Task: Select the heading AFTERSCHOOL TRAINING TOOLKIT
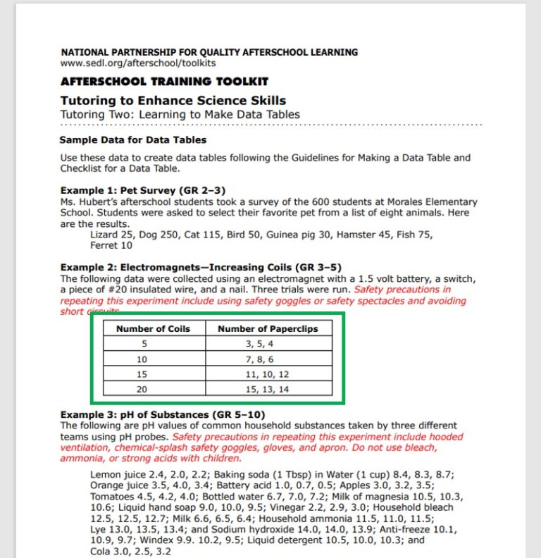click(x=164, y=82)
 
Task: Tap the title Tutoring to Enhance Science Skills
click(x=173, y=101)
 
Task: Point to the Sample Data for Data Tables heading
click(x=133, y=140)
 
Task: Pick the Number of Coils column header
click(x=153, y=328)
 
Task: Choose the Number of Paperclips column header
click(x=268, y=328)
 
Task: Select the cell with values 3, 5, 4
click(x=268, y=344)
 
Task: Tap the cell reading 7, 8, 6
click(x=268, y=359)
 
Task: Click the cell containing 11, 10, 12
click(x=268, y=374)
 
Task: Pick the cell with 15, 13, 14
click(x=268, y=390)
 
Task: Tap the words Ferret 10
click(x=111, y=245)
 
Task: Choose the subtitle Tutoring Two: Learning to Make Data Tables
click(x=180, y=114)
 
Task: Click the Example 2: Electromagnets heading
click(x=201, y=268)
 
